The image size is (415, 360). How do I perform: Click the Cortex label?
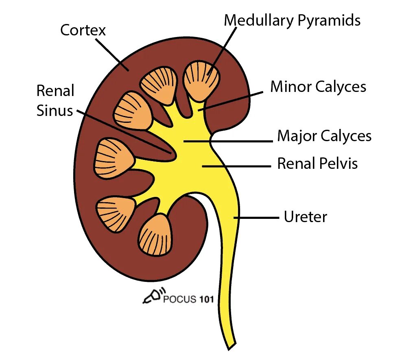pyautogui.click(x=83, y=30)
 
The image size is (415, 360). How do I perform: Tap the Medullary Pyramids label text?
pyautogui.click(x=292, y=20)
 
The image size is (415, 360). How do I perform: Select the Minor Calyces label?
pyautogui.click(x=318, y=87)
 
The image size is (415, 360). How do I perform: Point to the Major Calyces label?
pyautogui.click(x=324, y=136)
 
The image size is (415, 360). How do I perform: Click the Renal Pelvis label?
pyautogui.click(x=317, y=164)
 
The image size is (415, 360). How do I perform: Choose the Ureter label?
pyautogui.click(x=305, y=217)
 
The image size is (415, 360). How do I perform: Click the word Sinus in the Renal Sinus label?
pyautogui.click(x=55, y=110)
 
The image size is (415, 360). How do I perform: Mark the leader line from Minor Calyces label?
pyautogui.click(x=232, y=100)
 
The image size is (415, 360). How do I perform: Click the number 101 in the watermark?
pyautogui.click(x=207, y=300)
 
